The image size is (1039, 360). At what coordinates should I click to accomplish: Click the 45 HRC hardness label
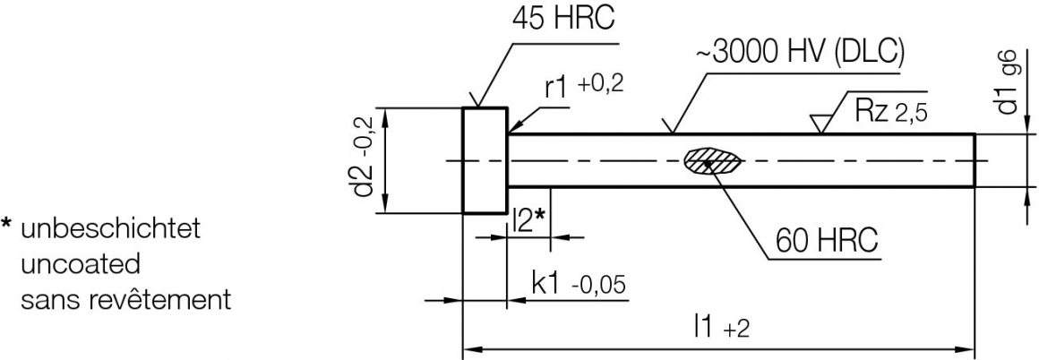563,20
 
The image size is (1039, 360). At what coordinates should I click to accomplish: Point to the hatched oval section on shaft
713,161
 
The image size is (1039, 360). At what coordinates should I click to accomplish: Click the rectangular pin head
485,160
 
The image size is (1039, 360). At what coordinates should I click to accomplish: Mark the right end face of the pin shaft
975,160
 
